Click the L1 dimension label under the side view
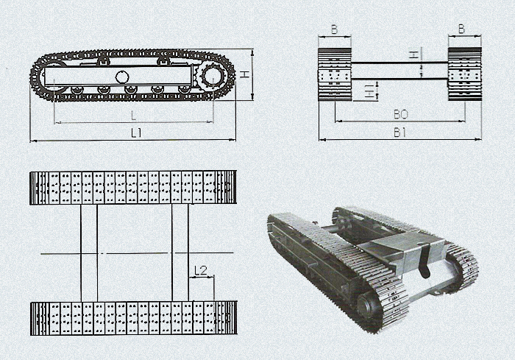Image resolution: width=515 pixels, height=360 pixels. [136, 133]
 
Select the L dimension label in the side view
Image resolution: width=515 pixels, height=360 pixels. [133, 116]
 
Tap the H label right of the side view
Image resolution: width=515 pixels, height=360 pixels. [244, 74]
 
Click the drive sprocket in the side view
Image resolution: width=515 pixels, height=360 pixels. [213, 77]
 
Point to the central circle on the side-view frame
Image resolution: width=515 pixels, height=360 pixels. [122, 77]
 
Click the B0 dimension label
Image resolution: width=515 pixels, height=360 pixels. [401, 114]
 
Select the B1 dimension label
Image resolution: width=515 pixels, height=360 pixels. [399, 133]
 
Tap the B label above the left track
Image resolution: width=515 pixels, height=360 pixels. [334, 29]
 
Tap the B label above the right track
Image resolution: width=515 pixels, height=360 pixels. [461, 29]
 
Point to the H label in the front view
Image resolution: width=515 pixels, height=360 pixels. [416, 54]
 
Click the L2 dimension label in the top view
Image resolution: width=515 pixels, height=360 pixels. [201, 270]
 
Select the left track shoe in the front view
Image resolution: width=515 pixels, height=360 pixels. [335, 74]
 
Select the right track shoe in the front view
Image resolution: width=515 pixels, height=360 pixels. [465, 74]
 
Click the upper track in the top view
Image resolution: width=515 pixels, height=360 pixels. [133, 188]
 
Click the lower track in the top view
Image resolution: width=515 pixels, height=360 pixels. [134, 318]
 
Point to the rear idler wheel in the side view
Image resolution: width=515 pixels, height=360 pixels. [52, 77]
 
